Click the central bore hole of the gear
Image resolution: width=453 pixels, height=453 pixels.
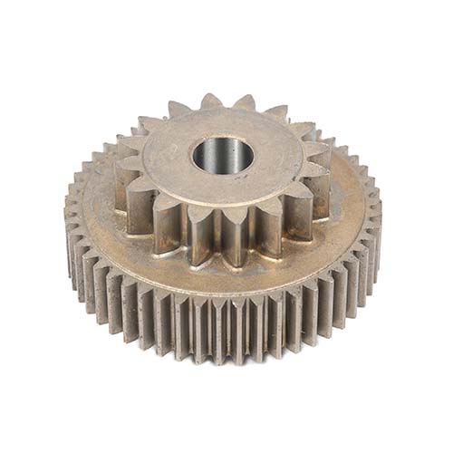click(x=223, y=156)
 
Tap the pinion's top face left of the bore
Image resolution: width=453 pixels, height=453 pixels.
click(x=168, y=154)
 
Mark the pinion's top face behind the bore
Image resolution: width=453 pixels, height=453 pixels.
click(x=222, y=122)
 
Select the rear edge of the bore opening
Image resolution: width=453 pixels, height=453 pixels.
click(x=223, y=138)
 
